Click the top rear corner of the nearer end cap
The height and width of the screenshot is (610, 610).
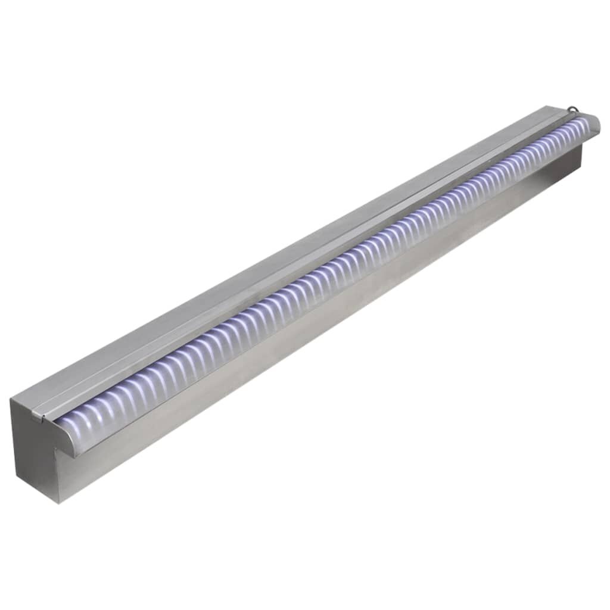tap(11, 400)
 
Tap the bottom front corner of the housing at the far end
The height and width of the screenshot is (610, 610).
tap(581, 173)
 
